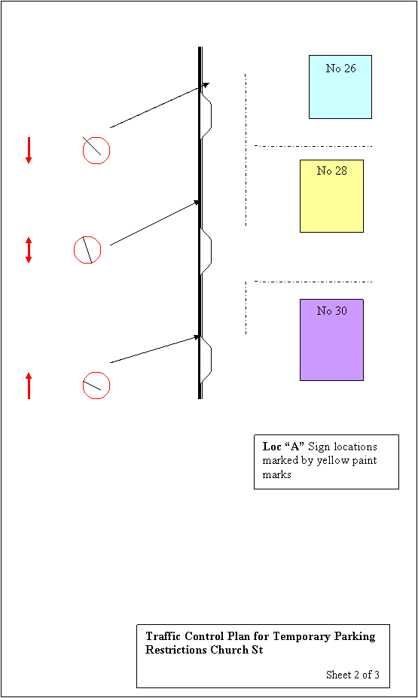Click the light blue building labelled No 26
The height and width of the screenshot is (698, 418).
click(x=340, y=87)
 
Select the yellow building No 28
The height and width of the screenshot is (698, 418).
click(x=331, y=196)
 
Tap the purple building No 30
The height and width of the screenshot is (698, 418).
click(x=331, y=340)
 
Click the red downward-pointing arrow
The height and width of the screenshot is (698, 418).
click(x=29, y=150)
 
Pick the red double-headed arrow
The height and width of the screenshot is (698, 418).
click(x=29, y=250)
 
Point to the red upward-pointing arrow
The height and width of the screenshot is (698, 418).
click(x=29, y=386)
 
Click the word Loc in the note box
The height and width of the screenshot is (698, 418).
click(x=272, y=447)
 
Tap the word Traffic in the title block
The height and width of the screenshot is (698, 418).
click(x=163, y=636)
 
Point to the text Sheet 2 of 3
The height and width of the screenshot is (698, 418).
click(x=352, y=675)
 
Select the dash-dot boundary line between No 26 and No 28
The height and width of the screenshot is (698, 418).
click(x=313, y=146)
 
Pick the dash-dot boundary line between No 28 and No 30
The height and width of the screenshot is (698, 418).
click(x=313, y=282)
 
